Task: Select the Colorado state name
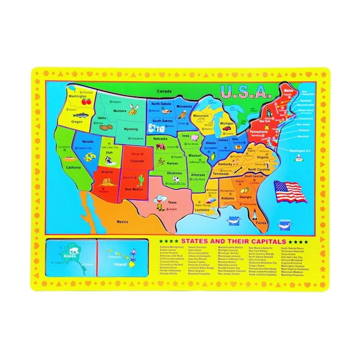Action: coord(136,160)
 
